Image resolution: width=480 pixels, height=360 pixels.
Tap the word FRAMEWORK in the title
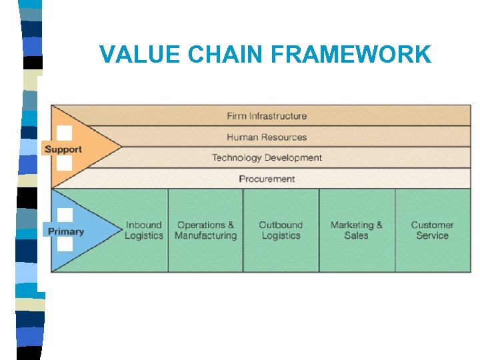tap(356, 55)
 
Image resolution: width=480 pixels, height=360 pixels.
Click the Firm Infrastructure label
tap(267, 116)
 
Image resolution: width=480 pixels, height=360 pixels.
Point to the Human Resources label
tap(267, 137)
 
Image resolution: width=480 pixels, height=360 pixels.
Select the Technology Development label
tap(267, 158)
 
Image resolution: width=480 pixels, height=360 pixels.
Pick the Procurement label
tap(267, 179)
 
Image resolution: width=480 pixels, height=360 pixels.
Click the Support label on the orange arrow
tap(63, 149)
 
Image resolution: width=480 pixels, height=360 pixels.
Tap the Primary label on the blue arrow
tap(65, 231)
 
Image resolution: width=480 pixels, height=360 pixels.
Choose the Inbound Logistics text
tap(143, 230)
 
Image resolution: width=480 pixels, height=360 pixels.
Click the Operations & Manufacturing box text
tap(205, 230)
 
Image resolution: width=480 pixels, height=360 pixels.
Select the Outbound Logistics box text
tap(281, 230)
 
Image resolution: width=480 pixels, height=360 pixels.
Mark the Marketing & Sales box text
tap(357, 230)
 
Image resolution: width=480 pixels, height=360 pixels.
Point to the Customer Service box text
tap(432, 230)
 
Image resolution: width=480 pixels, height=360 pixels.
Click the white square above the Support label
tap(64, 133)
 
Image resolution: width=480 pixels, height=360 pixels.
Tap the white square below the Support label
tap(64, 163)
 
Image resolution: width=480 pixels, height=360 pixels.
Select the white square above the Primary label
tap(65, 215)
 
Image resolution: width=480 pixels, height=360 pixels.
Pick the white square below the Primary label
tap(65, 245)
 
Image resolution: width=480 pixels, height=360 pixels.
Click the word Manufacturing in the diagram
tap(205, 235)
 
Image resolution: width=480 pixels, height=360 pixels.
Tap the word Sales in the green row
tap(357, 235)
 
